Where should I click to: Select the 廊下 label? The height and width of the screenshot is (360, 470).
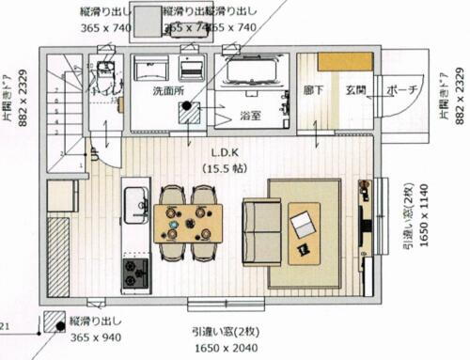314,91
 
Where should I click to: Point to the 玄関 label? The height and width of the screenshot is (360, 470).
355,91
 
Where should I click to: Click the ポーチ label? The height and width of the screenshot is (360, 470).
400,91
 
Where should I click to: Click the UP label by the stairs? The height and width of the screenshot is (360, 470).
95,150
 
